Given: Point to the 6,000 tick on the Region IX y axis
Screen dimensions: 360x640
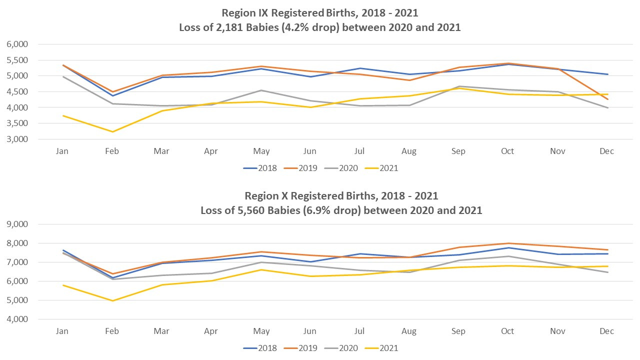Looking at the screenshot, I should (x=17, y=44).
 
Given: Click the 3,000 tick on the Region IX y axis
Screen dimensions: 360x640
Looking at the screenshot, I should (x=17, y=139).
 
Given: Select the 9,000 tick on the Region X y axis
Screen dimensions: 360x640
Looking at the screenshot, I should (x=17, y=224).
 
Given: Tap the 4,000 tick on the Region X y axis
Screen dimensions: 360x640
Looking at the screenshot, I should (x=17, y=319).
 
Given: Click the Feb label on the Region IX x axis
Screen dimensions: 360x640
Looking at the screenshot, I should (x=112, y=151).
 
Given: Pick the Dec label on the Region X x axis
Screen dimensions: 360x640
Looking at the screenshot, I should (x=606, y=331).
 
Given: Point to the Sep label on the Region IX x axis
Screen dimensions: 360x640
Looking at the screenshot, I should (x=458, y=151).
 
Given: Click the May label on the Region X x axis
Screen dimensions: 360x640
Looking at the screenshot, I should (x=261, y=331).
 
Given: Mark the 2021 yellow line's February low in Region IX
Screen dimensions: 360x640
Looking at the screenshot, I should (x=112, y=131).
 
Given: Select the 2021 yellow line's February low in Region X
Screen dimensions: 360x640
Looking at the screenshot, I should (x=112, y=300).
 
